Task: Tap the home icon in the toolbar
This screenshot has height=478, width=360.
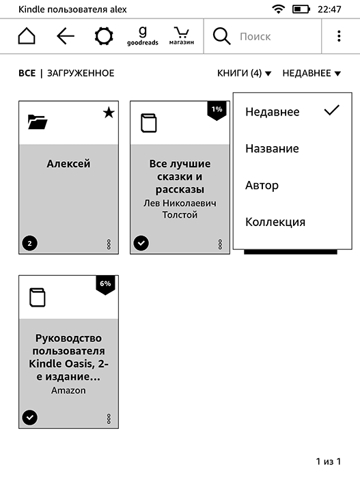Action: point(26,36)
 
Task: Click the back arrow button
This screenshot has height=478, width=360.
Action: point(66,36)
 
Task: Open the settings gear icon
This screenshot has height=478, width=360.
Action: point(104,36)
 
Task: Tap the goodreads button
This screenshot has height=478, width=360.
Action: point(142,36)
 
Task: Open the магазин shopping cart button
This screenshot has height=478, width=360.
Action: point(181,36)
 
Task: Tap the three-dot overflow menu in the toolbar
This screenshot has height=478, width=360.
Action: point(339,36)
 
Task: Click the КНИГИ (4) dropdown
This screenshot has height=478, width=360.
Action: point(244,73)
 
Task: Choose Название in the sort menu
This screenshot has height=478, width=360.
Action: point(272,148)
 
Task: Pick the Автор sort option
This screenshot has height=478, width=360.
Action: point(262,185)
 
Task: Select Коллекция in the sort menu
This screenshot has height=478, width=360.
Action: point(275,222)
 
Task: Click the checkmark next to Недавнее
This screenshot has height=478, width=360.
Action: point(331,111)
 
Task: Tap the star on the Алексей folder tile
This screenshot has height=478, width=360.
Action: point(108,113)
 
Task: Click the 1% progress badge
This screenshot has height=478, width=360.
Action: point(217,109)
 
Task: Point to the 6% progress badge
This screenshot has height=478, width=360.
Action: point(105,283)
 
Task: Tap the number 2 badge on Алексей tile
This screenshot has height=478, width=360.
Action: point(29,242)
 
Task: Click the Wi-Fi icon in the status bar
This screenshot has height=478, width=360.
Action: point(278,9)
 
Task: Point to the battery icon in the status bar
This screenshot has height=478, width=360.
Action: point(301,9)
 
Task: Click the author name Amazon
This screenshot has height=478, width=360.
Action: point(68,391)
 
